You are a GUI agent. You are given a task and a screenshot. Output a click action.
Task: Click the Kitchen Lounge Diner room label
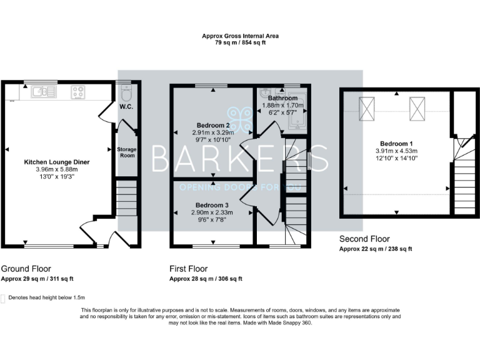pos(57,162)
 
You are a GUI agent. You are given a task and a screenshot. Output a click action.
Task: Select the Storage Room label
pos(127,153)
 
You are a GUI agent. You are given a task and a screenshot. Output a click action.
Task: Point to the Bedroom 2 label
pos(214,124)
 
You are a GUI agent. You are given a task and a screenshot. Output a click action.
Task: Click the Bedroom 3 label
pos(212,205)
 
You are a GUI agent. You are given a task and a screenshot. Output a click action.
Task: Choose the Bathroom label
pos(282,98)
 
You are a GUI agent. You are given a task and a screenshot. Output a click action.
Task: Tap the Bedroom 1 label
pos(396,142)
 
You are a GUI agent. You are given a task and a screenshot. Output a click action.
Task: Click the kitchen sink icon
pos(43,92)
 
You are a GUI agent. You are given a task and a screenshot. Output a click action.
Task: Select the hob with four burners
pos(79,92)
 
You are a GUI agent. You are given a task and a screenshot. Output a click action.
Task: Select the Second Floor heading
pos(364,239)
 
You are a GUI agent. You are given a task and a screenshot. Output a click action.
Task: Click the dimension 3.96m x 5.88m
pos(57,169)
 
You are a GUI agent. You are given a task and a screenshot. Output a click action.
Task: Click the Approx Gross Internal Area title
pos(240,36)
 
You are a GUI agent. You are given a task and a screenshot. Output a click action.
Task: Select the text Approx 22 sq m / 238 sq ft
pos(375,249)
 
